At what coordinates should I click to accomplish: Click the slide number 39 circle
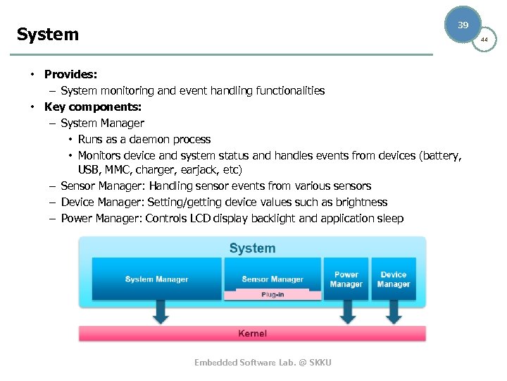click(x=463, y=25)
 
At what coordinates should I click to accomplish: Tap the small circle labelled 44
click(x=484, y=40)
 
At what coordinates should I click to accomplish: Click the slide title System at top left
click(x=48, y=35)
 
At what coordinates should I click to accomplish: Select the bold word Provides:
click(x=71, y=74)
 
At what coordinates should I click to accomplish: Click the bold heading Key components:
click(x=93, y=107)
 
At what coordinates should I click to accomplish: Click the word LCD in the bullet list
click(x=200, y=218)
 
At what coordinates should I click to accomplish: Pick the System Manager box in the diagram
click(x=156, y=279)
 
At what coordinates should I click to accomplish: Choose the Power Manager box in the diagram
click(x=346, y=279)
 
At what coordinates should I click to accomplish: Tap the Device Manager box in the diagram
click(x=394, y=279)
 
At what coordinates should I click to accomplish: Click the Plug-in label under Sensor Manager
click(x=272, y=294)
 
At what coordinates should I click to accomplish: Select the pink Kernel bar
click(x=252, y=334)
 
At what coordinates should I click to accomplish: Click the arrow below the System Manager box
click(x=161, y=312)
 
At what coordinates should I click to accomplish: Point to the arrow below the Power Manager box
click(x=346, y=312)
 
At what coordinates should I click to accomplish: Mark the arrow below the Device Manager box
click(x=394, y=312)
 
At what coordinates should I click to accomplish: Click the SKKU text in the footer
click(x=318, y=362)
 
